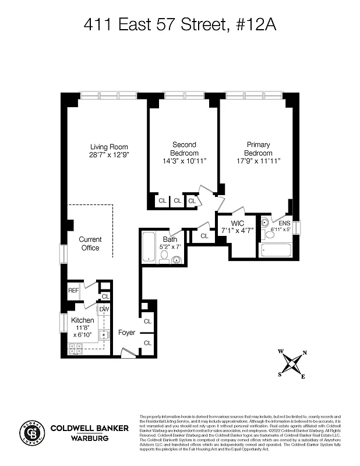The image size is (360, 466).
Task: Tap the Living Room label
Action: coord(108,147)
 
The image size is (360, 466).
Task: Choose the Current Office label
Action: coord(90,243)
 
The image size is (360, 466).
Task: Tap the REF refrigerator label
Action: coord(73,290)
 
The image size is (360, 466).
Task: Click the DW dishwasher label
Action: coord(104,309)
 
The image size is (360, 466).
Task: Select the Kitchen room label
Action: coord(82,320)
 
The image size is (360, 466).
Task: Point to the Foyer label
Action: coord(126,333)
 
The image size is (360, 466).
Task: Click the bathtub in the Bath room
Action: coord(148,248)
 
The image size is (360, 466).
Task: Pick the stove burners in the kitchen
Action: coord(76,349)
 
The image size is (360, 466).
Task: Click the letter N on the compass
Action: coord(305,353)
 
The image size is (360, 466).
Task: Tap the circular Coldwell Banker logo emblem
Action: coord(33,432)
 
